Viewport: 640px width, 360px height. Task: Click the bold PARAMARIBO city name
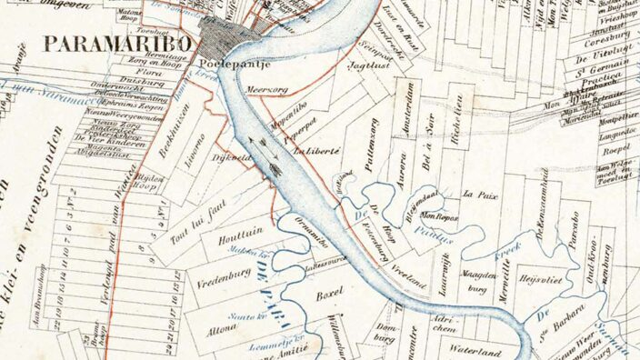pyautogui.click(x=117, y=44)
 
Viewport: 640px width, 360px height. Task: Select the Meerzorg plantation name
pyautogui.click(x=266, y=91)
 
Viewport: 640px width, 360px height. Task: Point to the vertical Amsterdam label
pyautogui.click(x=410, y=106)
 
